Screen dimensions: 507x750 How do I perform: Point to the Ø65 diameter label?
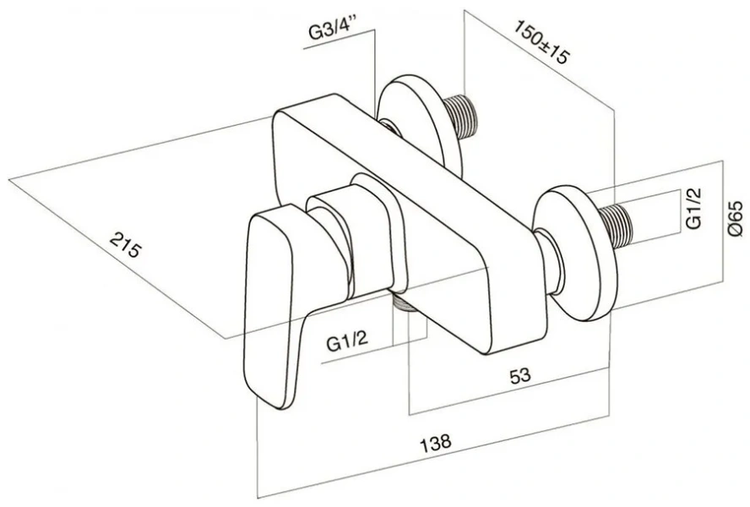[x=734, y=218]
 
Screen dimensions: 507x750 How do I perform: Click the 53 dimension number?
[x=520, y=377]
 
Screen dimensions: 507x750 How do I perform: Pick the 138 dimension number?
[x=436, y=441]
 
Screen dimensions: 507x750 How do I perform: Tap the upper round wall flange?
[x=418, y=118]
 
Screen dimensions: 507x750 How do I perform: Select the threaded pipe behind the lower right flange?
[x=622, y=221]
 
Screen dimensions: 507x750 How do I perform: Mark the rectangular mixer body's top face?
[x=380, y=169]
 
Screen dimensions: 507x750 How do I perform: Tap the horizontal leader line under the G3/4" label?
[x=338, y=49]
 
